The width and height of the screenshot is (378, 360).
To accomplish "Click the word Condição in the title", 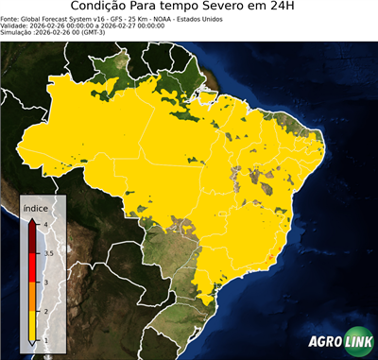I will point(102,7).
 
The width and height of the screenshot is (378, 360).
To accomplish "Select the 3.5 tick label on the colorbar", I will point(47,253).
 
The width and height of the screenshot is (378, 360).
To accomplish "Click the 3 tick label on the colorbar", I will point(45,283).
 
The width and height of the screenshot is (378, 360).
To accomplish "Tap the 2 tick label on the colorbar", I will point(45,312).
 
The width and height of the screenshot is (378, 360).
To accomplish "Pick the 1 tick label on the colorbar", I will point(45,341).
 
